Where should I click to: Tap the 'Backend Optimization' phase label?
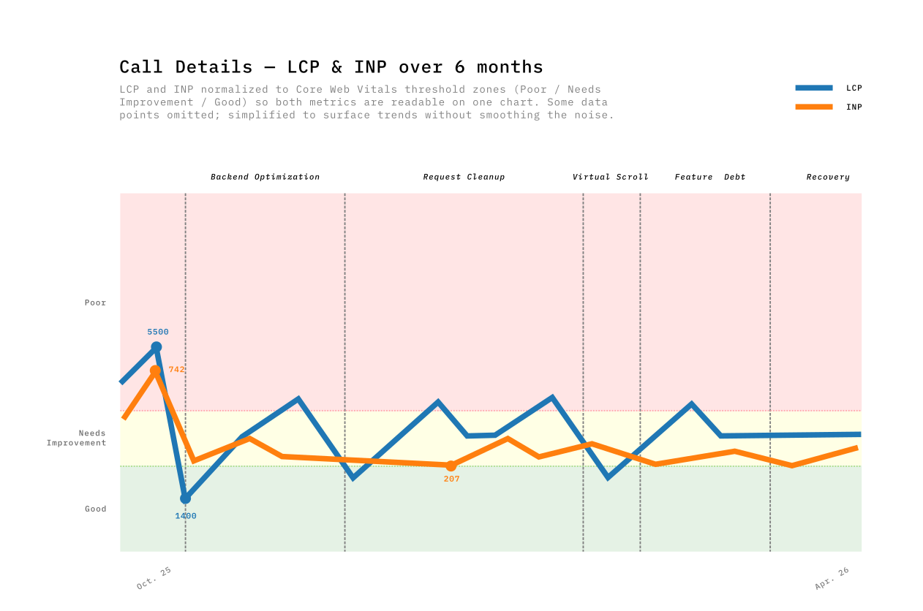pyautogui.click(x=265, y=177)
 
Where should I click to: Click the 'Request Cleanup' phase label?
pyautogui.click(x=464, y=177)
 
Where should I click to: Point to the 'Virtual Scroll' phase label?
pyautogui.click(x=610, y=177)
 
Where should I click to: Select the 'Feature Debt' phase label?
pyautogui.click(x=709, y=177)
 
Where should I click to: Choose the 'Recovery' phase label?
pyautogui.click(x=828, y=177)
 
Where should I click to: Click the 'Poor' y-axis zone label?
pyautogui.click(x=95, y=303)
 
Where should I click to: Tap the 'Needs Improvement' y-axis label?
pyautogui.click(x=77, y=438)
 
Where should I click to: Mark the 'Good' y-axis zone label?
pyautogui.click(x=95, y=509)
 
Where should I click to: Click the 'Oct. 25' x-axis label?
pyautogui.click(x=154, y=578)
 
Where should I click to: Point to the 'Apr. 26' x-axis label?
pyautogui.click(x=832, y=578)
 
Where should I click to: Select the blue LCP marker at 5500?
pyautogui.click(x=156, y=347)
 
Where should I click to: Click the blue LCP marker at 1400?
pyautogui.click(x=185, y=498)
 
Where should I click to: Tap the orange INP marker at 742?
pyautogui.click(x=155, y=371)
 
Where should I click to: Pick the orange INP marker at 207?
pyautogui.click(x=451, y=466)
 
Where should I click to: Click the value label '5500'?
pyautogui.click(x=158, y=332)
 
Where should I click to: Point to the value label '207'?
pyautogui.click(x=451, y=479)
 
